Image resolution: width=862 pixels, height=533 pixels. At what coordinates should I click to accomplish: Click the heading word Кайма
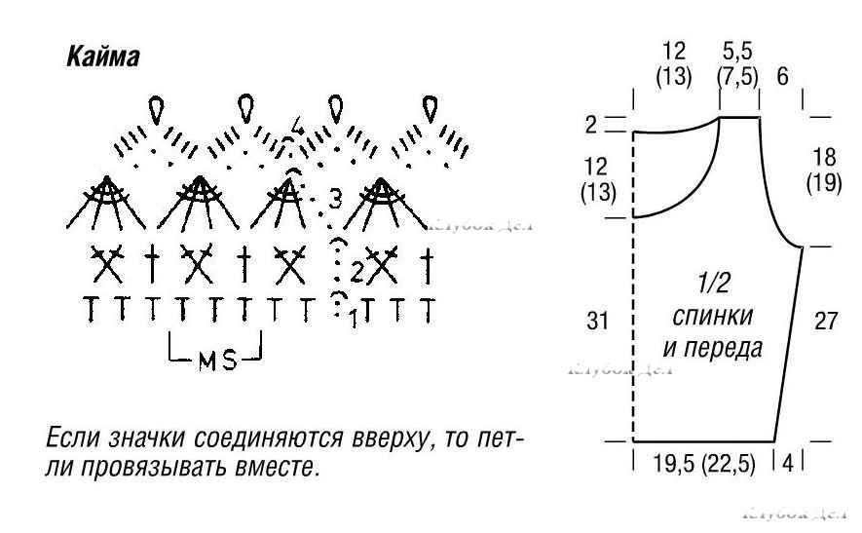pyautogui.click(x=102, y=57)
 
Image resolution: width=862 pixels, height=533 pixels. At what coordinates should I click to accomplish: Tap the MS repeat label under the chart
pyautogui.click(x=217, y=360)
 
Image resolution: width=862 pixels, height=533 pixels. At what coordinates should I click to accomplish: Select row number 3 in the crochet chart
pyautogui.click(x=335, y=200)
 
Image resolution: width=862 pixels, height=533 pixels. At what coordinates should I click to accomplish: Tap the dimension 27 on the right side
pyautogui.click(x=825, y=322)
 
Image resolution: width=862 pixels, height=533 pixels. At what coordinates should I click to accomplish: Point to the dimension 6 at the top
pyautogui.click(x=782, y=77)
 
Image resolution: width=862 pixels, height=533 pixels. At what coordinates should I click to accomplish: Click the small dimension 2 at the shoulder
pyautogui.click(x=590, y=124)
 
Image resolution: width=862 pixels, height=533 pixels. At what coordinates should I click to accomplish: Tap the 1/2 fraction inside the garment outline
pyautogui.click(x=715, y=285)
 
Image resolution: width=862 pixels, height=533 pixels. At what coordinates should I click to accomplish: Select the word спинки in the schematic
pyautogui.click(x=714, y=316)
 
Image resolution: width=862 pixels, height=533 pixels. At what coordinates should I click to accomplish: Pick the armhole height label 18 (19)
pyautogui.click(x=824, y=171)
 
